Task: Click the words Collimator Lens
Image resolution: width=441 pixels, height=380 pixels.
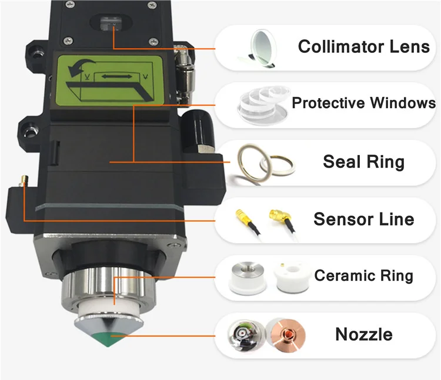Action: [x=363, y=46]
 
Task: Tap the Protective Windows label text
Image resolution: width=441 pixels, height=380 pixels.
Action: [x=363, y=104]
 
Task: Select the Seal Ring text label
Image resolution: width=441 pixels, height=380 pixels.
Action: [x=363, y=161]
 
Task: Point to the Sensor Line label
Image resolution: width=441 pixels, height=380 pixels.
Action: [x=363, y=219]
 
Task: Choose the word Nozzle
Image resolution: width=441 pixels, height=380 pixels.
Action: [x=363, y=334]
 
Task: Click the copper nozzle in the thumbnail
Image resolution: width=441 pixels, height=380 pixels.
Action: [x=288, y=335]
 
